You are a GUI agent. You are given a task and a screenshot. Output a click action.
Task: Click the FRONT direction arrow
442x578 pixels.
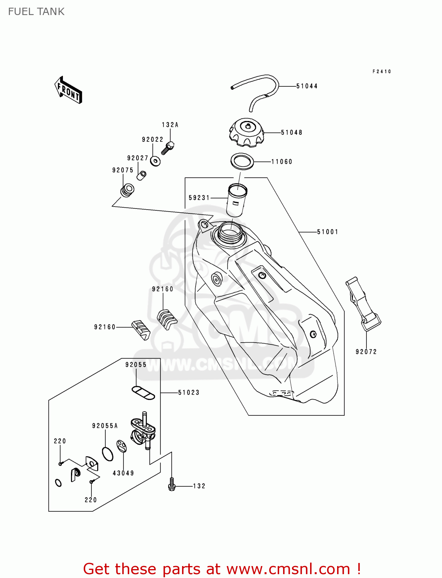[68, 90]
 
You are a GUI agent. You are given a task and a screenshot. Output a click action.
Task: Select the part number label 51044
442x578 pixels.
[307, 86]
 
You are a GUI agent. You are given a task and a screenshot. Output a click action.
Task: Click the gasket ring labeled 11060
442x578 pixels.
[242, 161]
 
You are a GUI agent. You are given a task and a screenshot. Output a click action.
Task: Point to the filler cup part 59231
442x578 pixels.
[236, 200]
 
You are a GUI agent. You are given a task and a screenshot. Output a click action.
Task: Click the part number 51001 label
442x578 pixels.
[327, 232]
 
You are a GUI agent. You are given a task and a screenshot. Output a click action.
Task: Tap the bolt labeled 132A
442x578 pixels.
[168, 148]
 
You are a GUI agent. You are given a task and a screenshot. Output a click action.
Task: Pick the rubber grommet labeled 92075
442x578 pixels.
[127, 190]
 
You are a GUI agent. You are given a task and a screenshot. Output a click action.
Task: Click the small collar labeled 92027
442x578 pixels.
[142, 175]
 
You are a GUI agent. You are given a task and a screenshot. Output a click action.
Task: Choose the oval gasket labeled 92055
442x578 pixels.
[143, 393]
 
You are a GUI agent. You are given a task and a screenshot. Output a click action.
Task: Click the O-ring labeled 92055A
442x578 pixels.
[108, 454]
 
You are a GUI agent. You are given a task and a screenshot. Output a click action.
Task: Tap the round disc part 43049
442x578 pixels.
[121, 446]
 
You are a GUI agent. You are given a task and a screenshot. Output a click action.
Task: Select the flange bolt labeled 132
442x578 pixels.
[172, 485]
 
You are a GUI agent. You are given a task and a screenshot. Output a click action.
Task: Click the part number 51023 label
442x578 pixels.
[189, 392]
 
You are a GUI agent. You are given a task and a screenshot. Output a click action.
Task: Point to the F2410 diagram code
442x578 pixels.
[382, 71]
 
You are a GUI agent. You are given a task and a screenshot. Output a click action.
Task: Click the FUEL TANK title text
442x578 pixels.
[36, 12]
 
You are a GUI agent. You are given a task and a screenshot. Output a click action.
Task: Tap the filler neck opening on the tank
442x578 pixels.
[230, 232]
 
